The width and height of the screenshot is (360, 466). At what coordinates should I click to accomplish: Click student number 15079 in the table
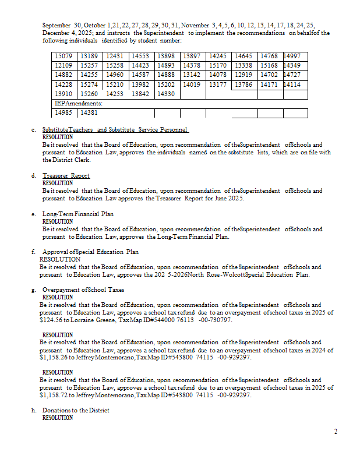coord(62,56)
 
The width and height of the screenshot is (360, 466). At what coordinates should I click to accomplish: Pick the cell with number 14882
coord(62,75)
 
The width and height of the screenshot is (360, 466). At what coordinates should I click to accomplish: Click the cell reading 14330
coord(166,94)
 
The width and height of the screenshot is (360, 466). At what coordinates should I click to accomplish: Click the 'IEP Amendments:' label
coord(74,103)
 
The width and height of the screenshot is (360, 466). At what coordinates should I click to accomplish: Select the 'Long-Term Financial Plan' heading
coord(77,214)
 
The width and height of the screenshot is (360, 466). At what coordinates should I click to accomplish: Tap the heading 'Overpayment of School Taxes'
coord(83,290)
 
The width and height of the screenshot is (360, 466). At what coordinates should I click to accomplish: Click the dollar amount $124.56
coord(51,320)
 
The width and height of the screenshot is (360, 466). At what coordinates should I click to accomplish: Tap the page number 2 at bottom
coord(336,432)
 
